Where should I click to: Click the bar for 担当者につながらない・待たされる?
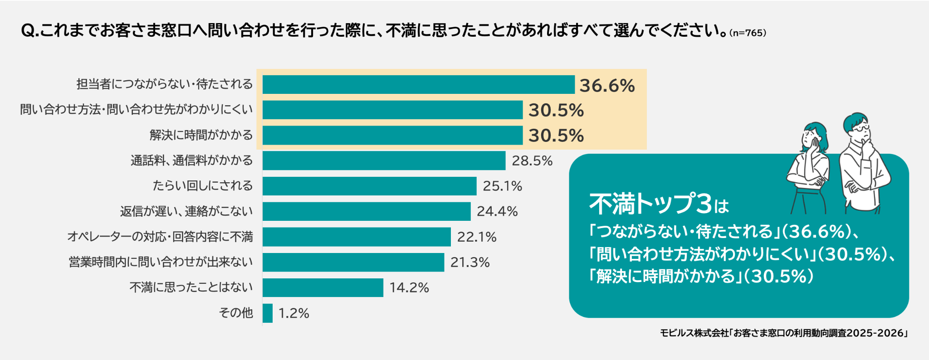418,85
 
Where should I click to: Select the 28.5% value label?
532,161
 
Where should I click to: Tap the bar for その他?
268,313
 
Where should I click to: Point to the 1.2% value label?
293,313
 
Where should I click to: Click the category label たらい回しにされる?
202,186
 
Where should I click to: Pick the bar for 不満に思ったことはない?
323,288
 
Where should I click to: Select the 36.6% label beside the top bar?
607,86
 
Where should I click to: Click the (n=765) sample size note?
748,33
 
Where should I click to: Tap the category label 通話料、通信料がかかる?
191,161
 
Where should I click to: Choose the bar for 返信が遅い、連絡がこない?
367,212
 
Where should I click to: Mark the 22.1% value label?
476,237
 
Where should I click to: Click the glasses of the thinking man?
860,129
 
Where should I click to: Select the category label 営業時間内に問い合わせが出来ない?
161,262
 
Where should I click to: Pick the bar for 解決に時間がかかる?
392,136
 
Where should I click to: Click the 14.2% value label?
409,288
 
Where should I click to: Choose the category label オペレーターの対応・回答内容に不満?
160,237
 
